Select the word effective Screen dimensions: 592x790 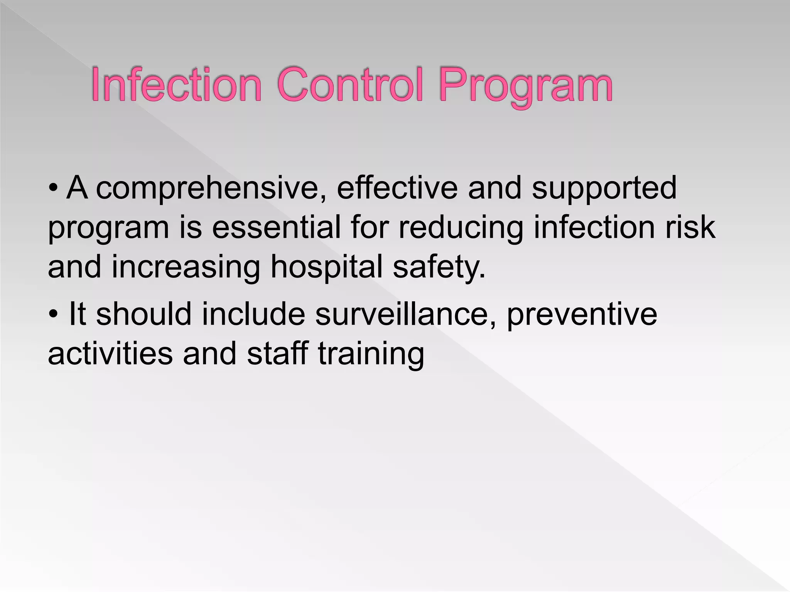tap(397, 188)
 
